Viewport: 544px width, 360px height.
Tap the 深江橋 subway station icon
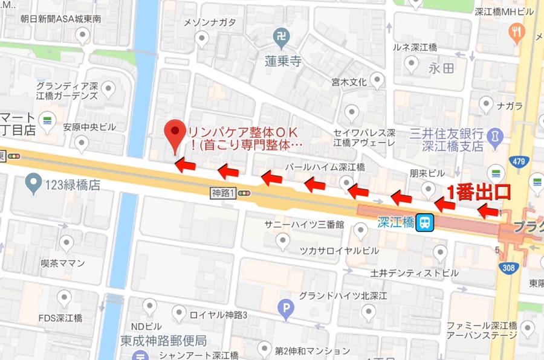(x=426, y=223)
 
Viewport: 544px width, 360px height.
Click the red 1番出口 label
(x=478, y=191)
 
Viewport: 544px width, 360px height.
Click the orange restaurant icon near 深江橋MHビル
(x=517, y=33)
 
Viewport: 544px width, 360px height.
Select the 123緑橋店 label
(x=72, y=185)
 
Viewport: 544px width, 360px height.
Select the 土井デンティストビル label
(x=415, y=273)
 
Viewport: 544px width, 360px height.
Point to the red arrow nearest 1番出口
(x=488, y=211)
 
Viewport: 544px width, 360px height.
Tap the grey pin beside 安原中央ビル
(x=80, y=143)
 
